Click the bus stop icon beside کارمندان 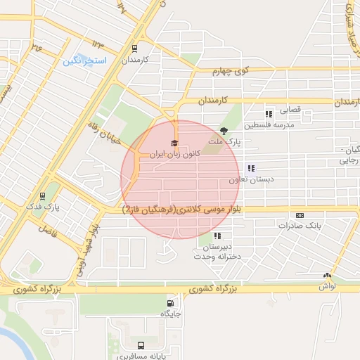tap(134, 49)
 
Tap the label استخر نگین tap(86, 61)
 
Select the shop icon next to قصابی tap(268, 113)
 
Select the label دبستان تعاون tap(250, 179)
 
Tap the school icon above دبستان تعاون tap(250, 168)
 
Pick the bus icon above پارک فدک tap(44, 196)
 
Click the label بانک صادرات tap(299, 226)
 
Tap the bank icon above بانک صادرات tap(300, 215)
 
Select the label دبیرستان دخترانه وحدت tap(219, 252)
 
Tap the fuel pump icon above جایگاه tap(169, 304)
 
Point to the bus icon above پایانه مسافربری tap(141, 345)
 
